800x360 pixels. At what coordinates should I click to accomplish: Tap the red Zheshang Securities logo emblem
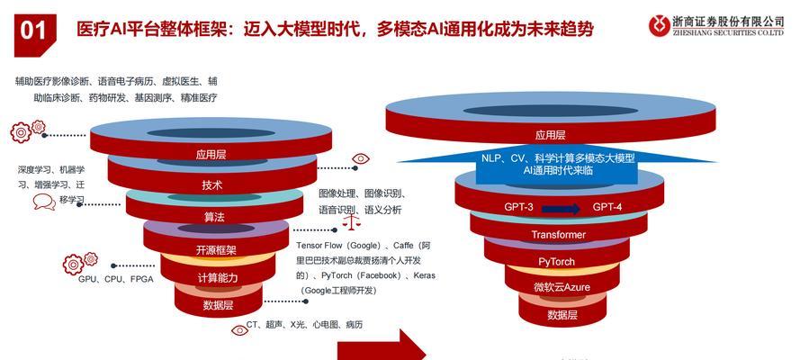pyautogui.click(x=660, y=25)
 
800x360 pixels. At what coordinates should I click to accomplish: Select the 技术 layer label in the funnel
pyautogui.click(x=211, y=185)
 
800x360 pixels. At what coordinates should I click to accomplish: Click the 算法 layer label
pyautogui.click(x=214, y=217)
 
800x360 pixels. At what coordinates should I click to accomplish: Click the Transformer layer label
pyautogui.click(x=558, y=235)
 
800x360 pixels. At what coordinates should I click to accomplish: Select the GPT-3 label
pyautogui.click(x=519, y=207)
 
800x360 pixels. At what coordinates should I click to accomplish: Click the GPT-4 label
pyautogui.click(x=607, y=207)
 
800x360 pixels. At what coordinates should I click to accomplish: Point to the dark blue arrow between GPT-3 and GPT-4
pyautogui.click(x=562, y=209)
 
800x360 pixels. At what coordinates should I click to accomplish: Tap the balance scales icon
pyautogui.click(x=351, y=220)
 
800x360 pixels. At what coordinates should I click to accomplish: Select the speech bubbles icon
pyautogui.click(x=44, y=202)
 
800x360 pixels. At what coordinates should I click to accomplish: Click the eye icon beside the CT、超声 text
pyautogui.click(x=239, y=330)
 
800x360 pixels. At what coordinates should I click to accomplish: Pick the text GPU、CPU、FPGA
pyautogui.click(x=116, y=279)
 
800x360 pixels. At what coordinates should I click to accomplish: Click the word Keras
pyautogui.click(x=425, y=275)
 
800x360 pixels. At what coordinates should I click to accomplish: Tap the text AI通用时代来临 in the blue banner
pyautogui.click(x=558, y=171)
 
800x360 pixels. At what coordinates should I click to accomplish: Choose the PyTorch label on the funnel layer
pyautogui.click(x=556, y=262)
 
